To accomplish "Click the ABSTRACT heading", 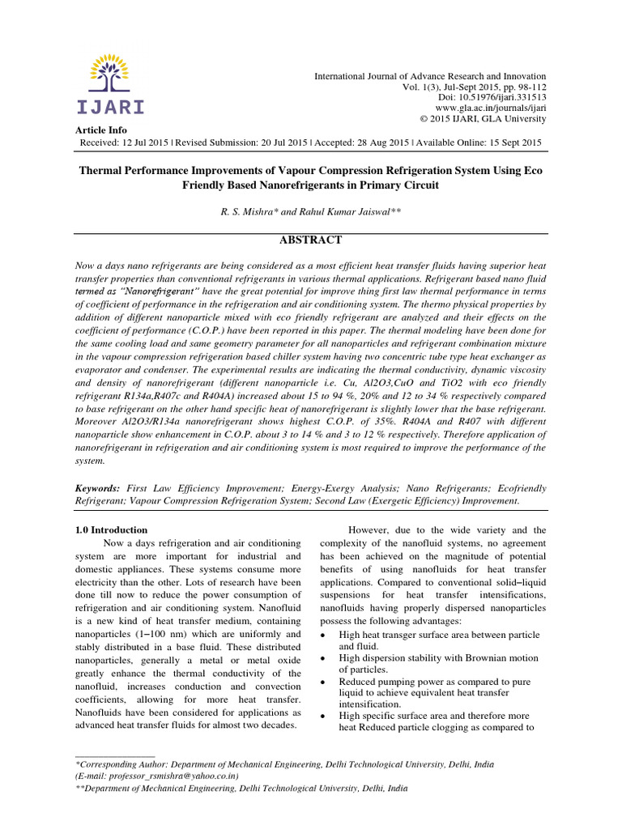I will pyautogui.click(x=311, y=240).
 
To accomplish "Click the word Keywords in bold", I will pyautogui.click(x=96, y=489).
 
